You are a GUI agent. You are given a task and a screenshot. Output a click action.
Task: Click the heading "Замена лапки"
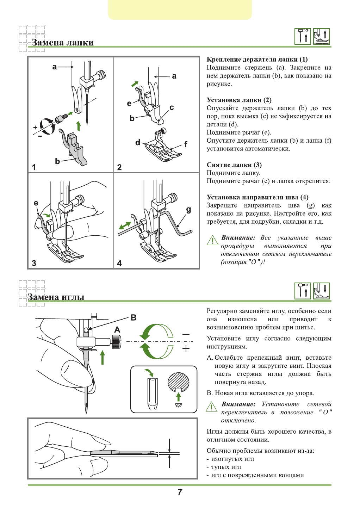click(63, 43)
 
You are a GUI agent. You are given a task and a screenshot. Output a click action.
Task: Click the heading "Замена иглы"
click(56, 297)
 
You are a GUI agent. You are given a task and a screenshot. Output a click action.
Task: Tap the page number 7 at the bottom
click(180, 492)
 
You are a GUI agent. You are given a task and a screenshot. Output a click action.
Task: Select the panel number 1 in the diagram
click(34, 167)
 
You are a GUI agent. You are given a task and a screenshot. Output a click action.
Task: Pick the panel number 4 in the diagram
click(119, 263)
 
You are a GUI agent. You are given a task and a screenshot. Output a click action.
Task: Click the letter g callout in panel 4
click(188, 210)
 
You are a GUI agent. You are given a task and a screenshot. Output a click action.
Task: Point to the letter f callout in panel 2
click(186, 144)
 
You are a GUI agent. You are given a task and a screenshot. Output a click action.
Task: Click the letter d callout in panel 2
click(138, 142)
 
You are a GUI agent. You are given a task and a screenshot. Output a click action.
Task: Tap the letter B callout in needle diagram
click(134, 317)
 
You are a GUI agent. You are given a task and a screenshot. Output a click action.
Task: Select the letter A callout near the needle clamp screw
click(117, 330)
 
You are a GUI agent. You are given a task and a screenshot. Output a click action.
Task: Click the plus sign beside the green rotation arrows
click(186, 348)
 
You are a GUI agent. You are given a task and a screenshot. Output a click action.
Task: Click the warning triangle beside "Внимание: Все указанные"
click(212, 240)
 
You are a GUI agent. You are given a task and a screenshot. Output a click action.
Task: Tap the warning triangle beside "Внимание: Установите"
click(211, 407)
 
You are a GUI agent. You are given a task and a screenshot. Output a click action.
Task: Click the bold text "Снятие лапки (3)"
click(234, 165)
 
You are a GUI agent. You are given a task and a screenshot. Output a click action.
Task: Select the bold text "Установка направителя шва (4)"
click(257, 197)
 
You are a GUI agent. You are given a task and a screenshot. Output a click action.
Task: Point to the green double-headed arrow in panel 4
click(125, 225)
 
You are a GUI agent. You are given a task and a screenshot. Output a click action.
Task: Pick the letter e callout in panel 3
click(36, 203)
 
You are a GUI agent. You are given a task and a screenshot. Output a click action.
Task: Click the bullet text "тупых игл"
click(226, 467)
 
